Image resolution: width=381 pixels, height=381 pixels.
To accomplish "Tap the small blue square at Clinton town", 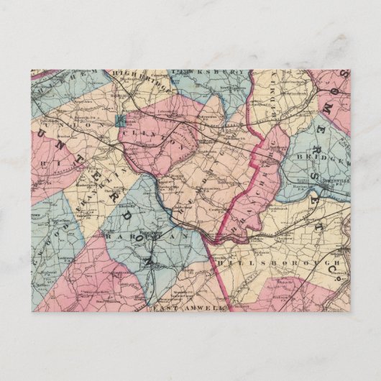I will coord(119,120).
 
